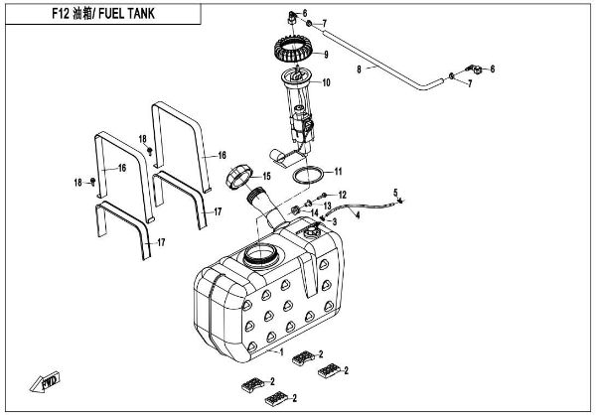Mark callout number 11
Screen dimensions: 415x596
coord(338,171)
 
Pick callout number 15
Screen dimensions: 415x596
coord(264,177)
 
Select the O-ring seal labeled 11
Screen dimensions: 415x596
coord(309,176)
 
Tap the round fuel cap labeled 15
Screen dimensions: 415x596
coord(239,180)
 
